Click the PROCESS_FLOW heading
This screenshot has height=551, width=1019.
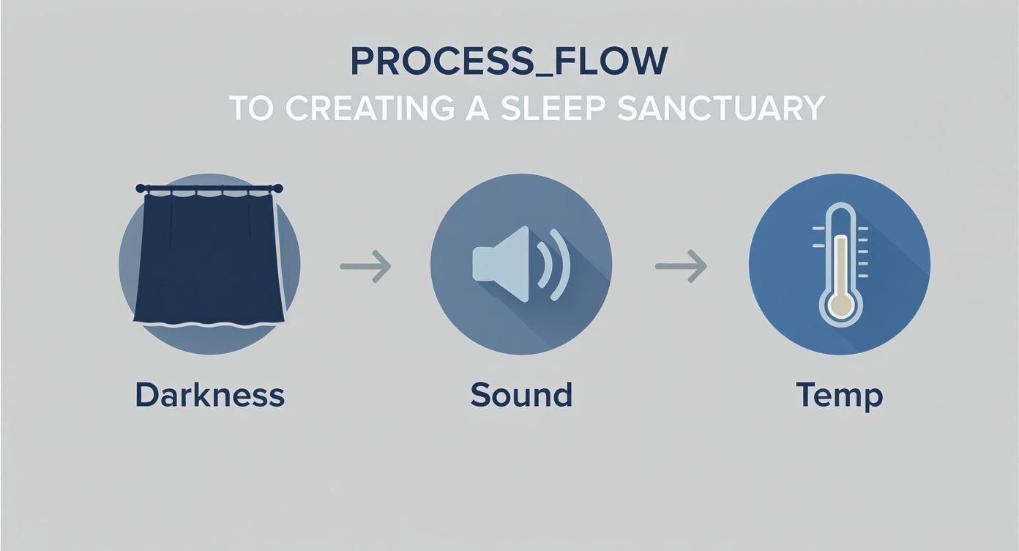(509, 62)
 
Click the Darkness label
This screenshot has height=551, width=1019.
(209, 395)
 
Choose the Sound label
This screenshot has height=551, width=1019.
(520, 395)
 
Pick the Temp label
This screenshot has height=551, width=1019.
(839, 396)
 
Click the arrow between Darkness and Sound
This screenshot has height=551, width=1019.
(365, 266)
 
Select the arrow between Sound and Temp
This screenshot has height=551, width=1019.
(681, 266)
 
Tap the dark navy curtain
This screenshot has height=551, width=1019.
(209, 256)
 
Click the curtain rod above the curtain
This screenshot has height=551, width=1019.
(209, 189)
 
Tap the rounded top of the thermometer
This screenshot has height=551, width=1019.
(840, 215)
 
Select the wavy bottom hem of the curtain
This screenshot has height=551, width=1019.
(209, 323)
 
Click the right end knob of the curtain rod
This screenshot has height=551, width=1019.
(279, 188)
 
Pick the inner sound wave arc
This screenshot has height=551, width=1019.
(542, 264)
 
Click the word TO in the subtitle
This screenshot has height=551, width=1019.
(253, 108)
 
